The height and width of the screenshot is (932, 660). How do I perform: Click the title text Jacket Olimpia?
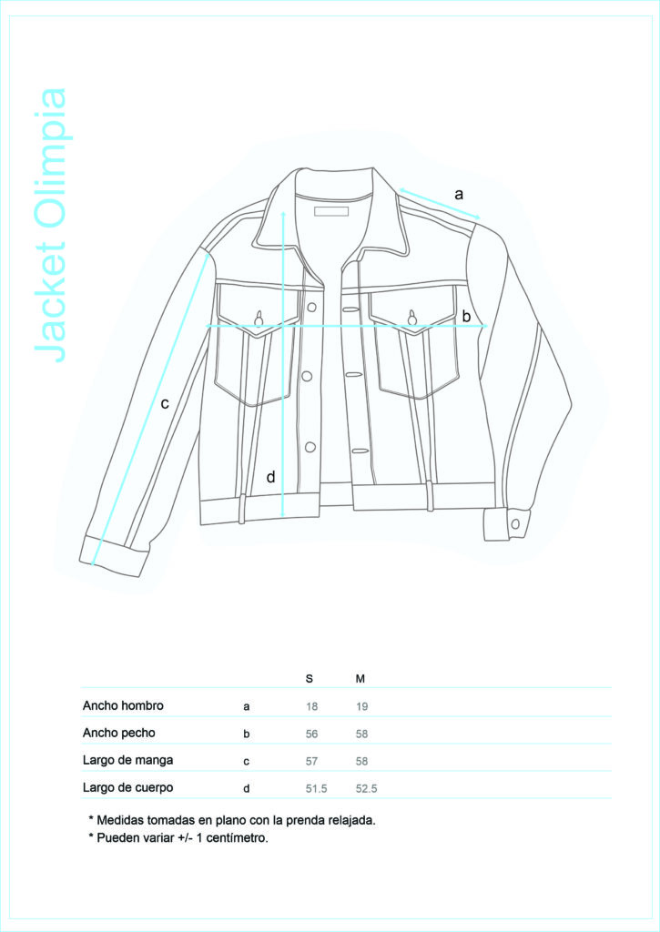coord(51,226)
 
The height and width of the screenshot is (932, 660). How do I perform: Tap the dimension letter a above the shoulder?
coord(459,195)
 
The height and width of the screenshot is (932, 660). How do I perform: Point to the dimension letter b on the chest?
coord(466,316)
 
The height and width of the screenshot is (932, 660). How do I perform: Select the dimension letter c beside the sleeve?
coord(165,403)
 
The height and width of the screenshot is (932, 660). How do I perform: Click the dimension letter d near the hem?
coord(270,477)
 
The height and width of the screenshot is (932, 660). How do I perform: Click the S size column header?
coord(310,679)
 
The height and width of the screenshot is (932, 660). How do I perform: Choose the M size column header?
coord(360,679)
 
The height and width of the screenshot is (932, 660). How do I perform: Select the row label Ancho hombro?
coord(123,705)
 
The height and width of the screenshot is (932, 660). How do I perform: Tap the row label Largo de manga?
coord(127,760)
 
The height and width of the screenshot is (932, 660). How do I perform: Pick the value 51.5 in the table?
coord(316,789)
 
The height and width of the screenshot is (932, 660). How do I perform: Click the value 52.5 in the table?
coord(366,789)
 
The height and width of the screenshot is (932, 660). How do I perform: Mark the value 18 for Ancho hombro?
coord(311,706)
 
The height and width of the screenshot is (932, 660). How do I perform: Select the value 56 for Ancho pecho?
coord(311,734)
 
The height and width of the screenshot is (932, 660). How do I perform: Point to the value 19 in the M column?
coord(362,706)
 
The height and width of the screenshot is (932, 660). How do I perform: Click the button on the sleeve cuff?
coord(515,523)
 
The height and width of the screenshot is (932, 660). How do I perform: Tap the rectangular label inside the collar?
coord(331,211)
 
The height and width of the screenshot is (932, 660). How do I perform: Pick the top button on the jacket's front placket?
coord(311,307)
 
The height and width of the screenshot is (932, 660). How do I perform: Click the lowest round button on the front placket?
coord(310,447)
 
